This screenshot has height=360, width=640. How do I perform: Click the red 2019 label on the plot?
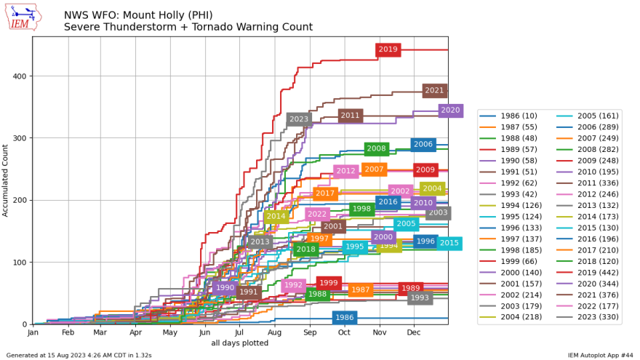388,49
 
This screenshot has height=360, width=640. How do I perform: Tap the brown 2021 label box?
434,91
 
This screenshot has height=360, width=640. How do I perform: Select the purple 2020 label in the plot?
451,111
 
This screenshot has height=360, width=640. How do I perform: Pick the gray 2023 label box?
299,119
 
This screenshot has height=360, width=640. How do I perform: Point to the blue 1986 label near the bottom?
345,318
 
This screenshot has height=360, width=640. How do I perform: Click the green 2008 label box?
376,148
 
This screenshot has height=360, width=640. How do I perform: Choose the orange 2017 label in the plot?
325,193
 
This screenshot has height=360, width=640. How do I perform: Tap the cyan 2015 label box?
449,243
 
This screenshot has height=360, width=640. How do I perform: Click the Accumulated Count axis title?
6,180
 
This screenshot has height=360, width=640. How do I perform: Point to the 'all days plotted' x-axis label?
240,343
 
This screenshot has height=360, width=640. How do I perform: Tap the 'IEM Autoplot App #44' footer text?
601,355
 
